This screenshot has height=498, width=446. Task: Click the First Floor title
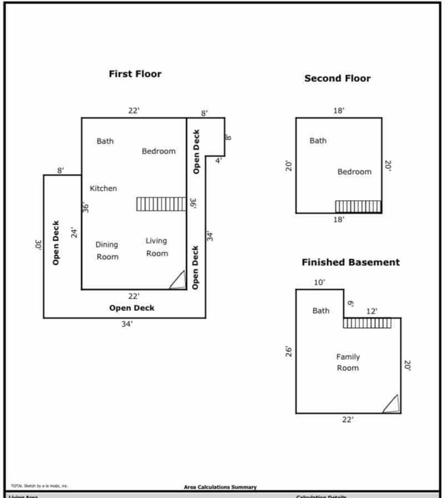135,74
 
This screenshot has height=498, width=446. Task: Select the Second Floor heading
337,78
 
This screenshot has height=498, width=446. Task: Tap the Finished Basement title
351,262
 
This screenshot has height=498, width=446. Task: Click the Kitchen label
103,188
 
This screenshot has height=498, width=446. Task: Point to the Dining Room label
107,251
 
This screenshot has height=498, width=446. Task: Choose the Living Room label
157,247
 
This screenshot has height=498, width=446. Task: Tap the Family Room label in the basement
347,362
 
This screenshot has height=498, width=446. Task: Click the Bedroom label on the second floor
354,172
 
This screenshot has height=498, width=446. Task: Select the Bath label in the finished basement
320,311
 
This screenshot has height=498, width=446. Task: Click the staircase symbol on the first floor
161,204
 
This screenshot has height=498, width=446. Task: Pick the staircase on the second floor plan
358,206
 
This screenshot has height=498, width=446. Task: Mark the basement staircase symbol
367,323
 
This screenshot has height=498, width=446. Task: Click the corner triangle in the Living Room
178,280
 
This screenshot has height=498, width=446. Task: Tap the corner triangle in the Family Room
392,404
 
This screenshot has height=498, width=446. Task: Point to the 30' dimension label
38,244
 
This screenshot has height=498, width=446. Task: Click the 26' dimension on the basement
289,351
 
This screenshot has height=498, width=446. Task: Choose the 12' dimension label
372,311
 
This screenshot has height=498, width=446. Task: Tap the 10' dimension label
319,282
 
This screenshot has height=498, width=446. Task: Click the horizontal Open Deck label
132,308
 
